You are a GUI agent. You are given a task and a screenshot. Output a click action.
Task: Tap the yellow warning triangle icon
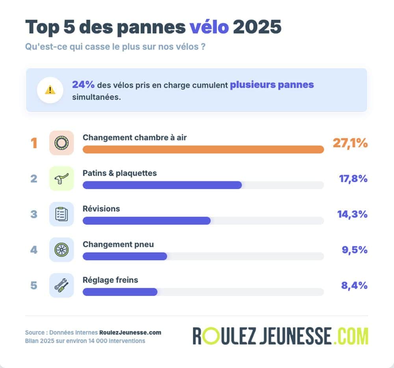tap(50, 90)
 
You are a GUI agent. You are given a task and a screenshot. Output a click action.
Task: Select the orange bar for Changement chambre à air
tap(203, 150)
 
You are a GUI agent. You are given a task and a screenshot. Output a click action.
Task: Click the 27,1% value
tap(350, 143)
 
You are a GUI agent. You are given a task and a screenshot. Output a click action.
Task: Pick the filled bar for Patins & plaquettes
tap(162, 185)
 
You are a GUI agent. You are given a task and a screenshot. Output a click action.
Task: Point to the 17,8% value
tap(353, 179)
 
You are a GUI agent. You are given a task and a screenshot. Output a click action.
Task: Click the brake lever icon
tap(61, 178)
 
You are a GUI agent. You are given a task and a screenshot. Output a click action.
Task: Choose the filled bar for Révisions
tap(146, 221)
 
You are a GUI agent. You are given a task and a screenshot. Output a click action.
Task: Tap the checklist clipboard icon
tap(61, 214)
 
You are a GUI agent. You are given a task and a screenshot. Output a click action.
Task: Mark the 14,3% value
tap(352, 214)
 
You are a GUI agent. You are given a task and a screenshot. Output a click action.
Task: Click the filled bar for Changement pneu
tap(125, 256)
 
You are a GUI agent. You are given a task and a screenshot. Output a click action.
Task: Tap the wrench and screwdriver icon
tap(61, 285)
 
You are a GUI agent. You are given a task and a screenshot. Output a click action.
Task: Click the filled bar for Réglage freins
tap(120, 292)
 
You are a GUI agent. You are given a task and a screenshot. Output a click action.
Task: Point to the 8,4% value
tap(354, 285)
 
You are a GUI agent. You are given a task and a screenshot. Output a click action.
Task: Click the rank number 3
tap(34, 214)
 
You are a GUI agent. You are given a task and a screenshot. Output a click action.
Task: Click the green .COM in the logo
tap(350, 336)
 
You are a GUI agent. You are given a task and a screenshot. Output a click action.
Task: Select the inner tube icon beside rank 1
tap(61, 143)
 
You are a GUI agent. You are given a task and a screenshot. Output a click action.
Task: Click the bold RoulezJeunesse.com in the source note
tap(130, 333)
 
